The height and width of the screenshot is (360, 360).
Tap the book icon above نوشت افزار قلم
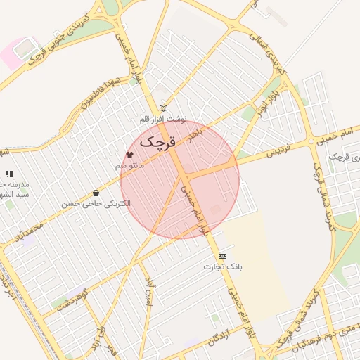click(x=164, y=108)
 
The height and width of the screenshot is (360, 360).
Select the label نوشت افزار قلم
click(x=163, y=120)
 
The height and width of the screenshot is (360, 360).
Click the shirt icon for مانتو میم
click(x=129, y=154)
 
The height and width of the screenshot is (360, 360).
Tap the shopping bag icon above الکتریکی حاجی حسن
click(x=96, y=193)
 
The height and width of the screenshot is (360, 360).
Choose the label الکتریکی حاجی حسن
click(x=96, y=204)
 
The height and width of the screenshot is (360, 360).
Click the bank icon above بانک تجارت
click(x=223, y=256)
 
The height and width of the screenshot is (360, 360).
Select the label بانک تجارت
click(x=223, y=267)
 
